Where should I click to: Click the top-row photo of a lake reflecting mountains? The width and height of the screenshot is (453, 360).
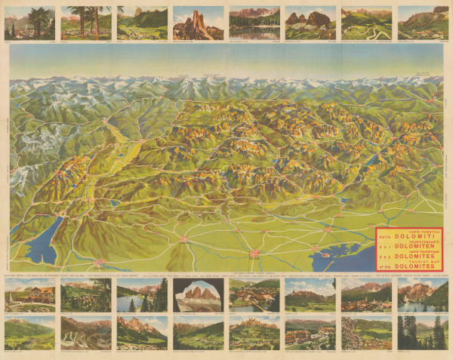(254, 23)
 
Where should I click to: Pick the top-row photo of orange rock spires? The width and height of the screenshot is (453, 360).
(198, 23)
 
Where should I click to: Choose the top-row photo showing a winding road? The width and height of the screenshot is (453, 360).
(366, 23)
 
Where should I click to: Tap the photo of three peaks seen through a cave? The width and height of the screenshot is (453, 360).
(198, 295)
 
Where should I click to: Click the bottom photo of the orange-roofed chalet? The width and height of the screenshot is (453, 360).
(29, 295)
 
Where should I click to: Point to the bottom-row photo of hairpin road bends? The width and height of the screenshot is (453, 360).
(85, 332)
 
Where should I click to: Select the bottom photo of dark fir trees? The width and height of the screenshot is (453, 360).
(422, 332)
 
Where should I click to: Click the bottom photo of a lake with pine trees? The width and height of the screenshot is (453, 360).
(141, 295)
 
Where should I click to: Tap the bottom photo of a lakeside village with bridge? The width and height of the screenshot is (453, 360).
(254, 295)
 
